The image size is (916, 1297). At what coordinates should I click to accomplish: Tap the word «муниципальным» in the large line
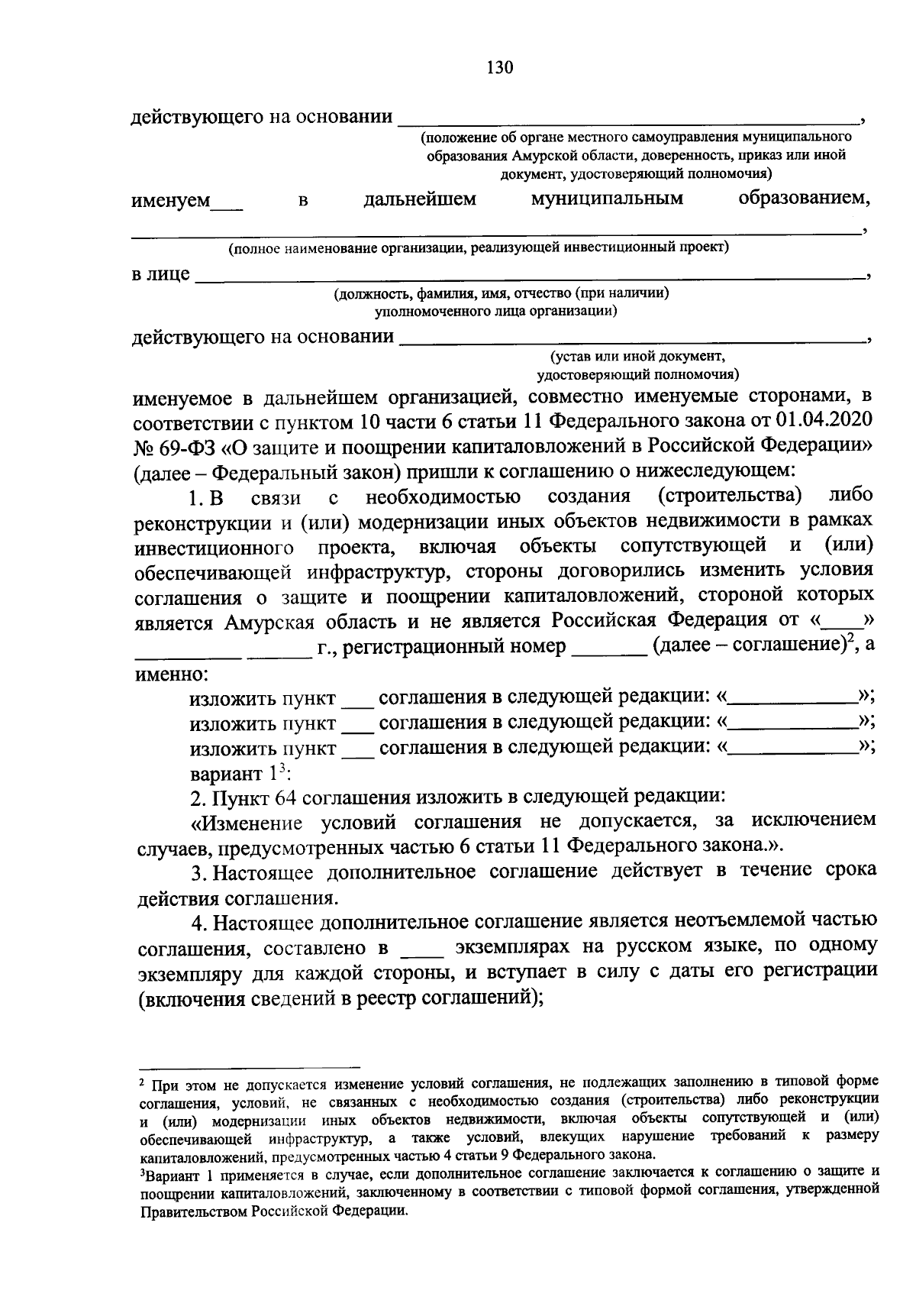[x=607, y=199]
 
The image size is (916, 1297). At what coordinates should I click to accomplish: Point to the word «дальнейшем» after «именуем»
[x=420, y=199]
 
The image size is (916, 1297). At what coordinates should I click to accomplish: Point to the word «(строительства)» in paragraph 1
[x=730, y=496]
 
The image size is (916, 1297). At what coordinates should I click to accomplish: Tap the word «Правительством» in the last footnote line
[x=194, y=1212]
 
